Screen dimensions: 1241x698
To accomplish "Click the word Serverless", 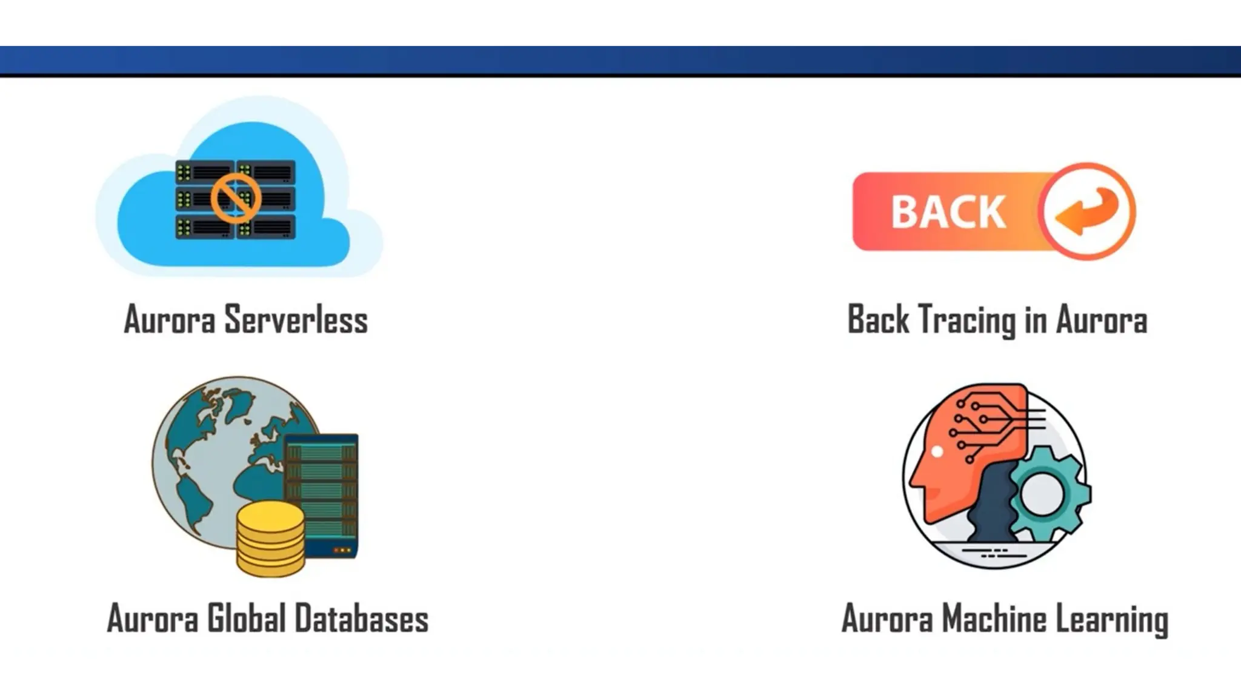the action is pyautogui.click(x=296, y=319).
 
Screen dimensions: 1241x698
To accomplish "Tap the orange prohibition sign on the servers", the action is pyautogui.click(x=236, y=198).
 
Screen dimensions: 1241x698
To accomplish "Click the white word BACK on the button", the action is pyautogui.click(x=948, y=212).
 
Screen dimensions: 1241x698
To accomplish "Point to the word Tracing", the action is pyautogui.click(x=967, y=319).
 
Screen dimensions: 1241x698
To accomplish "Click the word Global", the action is pyautogui.click(x=246, y=619).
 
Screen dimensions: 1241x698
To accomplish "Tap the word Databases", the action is pyautogui.click(x=362, y=619).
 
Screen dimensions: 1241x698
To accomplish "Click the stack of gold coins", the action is pyautogui.click(x=270, y=539).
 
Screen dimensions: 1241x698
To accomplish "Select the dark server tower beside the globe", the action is pyautogui.click(x=322, y=494).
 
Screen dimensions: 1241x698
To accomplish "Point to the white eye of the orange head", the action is pyautogui.click(x=937, y=451).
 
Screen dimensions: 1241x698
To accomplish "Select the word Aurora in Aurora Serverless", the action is pyautogui.click(x=170, y=319).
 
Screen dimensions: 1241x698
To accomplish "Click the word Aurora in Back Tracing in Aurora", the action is pyautogui.click(x=1102, y=319).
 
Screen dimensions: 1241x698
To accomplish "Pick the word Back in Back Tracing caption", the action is pyautogui.click(x=878, y=319).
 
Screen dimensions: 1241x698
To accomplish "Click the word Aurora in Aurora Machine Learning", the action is pyautogui.click(x=887, y=619).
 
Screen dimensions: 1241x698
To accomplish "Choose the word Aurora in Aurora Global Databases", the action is pyautogui.click(x=153, y=619).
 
